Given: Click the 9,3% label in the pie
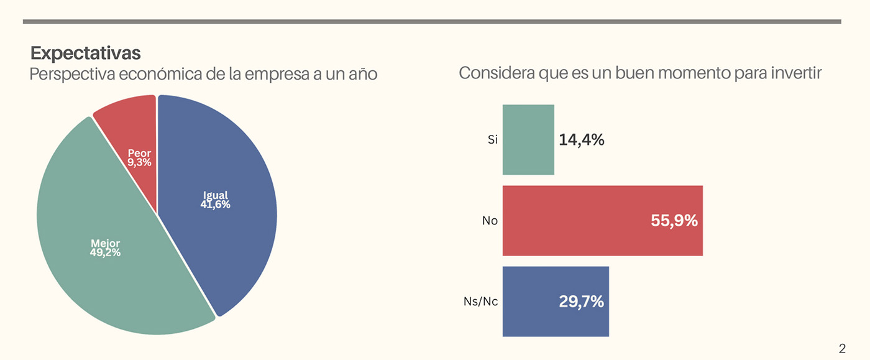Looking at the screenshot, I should pos(139,163).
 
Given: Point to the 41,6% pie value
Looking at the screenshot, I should pos(215,204).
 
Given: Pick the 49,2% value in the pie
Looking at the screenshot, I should pos(106,252).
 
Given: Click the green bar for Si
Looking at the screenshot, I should pos(528,139).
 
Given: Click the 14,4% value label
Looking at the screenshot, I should pos(581,140).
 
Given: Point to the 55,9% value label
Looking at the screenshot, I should pos(674,220).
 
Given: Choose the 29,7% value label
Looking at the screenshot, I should pos(580,302).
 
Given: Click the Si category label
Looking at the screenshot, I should pos(492,140).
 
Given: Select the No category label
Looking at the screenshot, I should pos(490,220).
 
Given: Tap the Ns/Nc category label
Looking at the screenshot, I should pos(480,302).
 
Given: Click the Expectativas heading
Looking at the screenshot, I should pos(86,52).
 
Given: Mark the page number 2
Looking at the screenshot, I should pos(842,348).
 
